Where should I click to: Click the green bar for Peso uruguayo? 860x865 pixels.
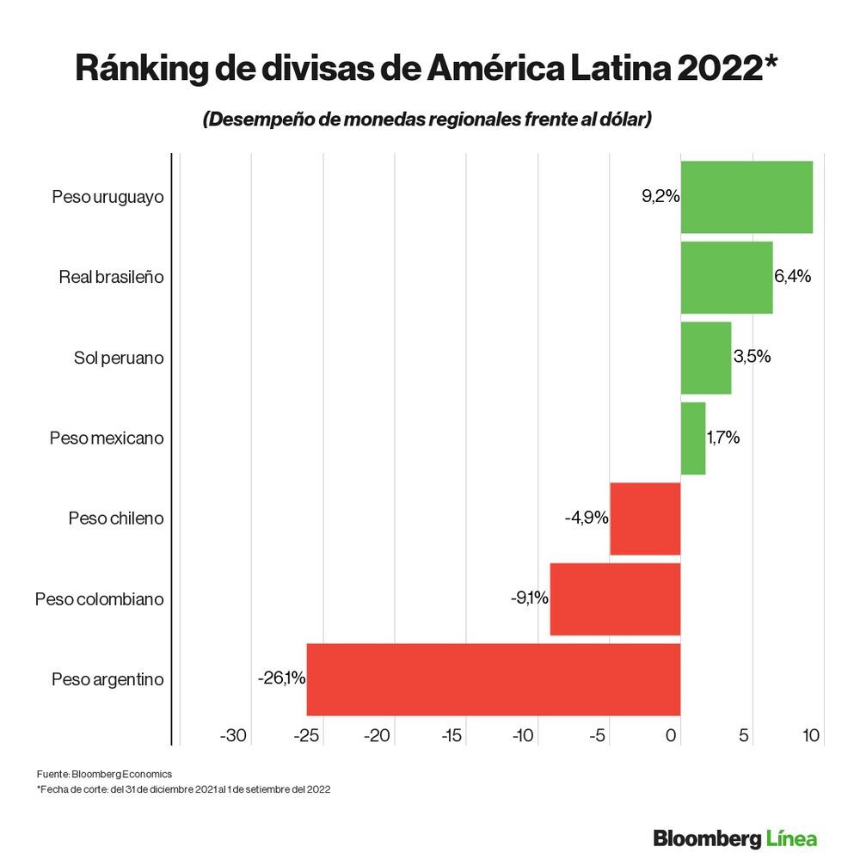point(746,197)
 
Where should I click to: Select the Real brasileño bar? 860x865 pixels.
point(727,277)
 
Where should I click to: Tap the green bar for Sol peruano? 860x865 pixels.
point(706,358)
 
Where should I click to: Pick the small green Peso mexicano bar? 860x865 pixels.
point(693,439)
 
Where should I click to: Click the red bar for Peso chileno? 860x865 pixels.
point(645,518)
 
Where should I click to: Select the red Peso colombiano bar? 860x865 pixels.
point(615,599)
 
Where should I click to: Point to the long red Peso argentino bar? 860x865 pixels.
point(494,679)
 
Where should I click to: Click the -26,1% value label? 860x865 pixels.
point(281,678)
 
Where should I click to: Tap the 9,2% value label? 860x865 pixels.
point(660,197)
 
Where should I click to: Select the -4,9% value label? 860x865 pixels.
point(587,518)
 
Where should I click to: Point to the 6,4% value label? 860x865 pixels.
point(792,277)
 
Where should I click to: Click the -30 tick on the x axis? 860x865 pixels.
point(233,736)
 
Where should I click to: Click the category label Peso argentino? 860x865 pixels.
point(107,679)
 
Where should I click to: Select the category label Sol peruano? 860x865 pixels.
point(119,358)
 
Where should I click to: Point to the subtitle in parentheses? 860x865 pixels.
point(427,120)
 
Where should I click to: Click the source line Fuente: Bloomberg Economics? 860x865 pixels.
point(104,774)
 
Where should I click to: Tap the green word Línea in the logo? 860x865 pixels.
point(789,837)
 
